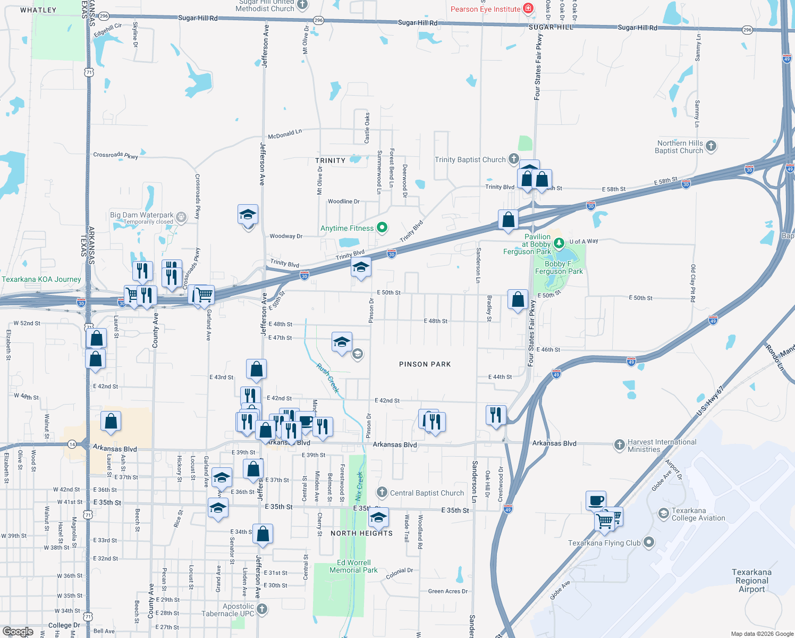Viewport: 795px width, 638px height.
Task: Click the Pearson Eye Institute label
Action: coord(485,9)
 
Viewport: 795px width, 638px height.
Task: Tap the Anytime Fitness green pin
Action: coord(382,228)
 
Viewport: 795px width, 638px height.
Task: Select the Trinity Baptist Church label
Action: coord(470,159)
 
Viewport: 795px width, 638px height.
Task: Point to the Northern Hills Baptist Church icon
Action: coord(711,146)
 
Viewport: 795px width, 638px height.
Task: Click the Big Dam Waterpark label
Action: coord(142,215)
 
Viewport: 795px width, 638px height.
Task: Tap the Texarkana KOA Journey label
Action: coord(41,279)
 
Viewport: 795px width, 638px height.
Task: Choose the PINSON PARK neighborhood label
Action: coord(425,364)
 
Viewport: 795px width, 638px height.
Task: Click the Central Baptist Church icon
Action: coord(382,493)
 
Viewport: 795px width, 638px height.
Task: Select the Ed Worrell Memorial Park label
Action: coord(353,566)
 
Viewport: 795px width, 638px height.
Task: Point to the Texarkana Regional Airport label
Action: coord(751,581)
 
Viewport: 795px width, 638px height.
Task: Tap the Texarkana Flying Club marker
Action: coord(649,542)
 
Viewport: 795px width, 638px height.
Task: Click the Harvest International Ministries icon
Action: coord(619,445)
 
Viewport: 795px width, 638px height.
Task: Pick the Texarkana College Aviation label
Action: coord(698,514)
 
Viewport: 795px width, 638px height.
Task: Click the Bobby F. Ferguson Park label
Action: coord(559,267)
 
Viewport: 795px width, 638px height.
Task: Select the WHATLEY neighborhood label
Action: coord(38,10)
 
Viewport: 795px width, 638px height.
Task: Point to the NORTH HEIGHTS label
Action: coord(361,533)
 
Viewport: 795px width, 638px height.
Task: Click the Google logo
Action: coord(18,632)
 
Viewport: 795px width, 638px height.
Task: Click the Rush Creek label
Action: coord(328,377)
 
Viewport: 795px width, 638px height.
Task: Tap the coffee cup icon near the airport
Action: coord(596,500)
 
